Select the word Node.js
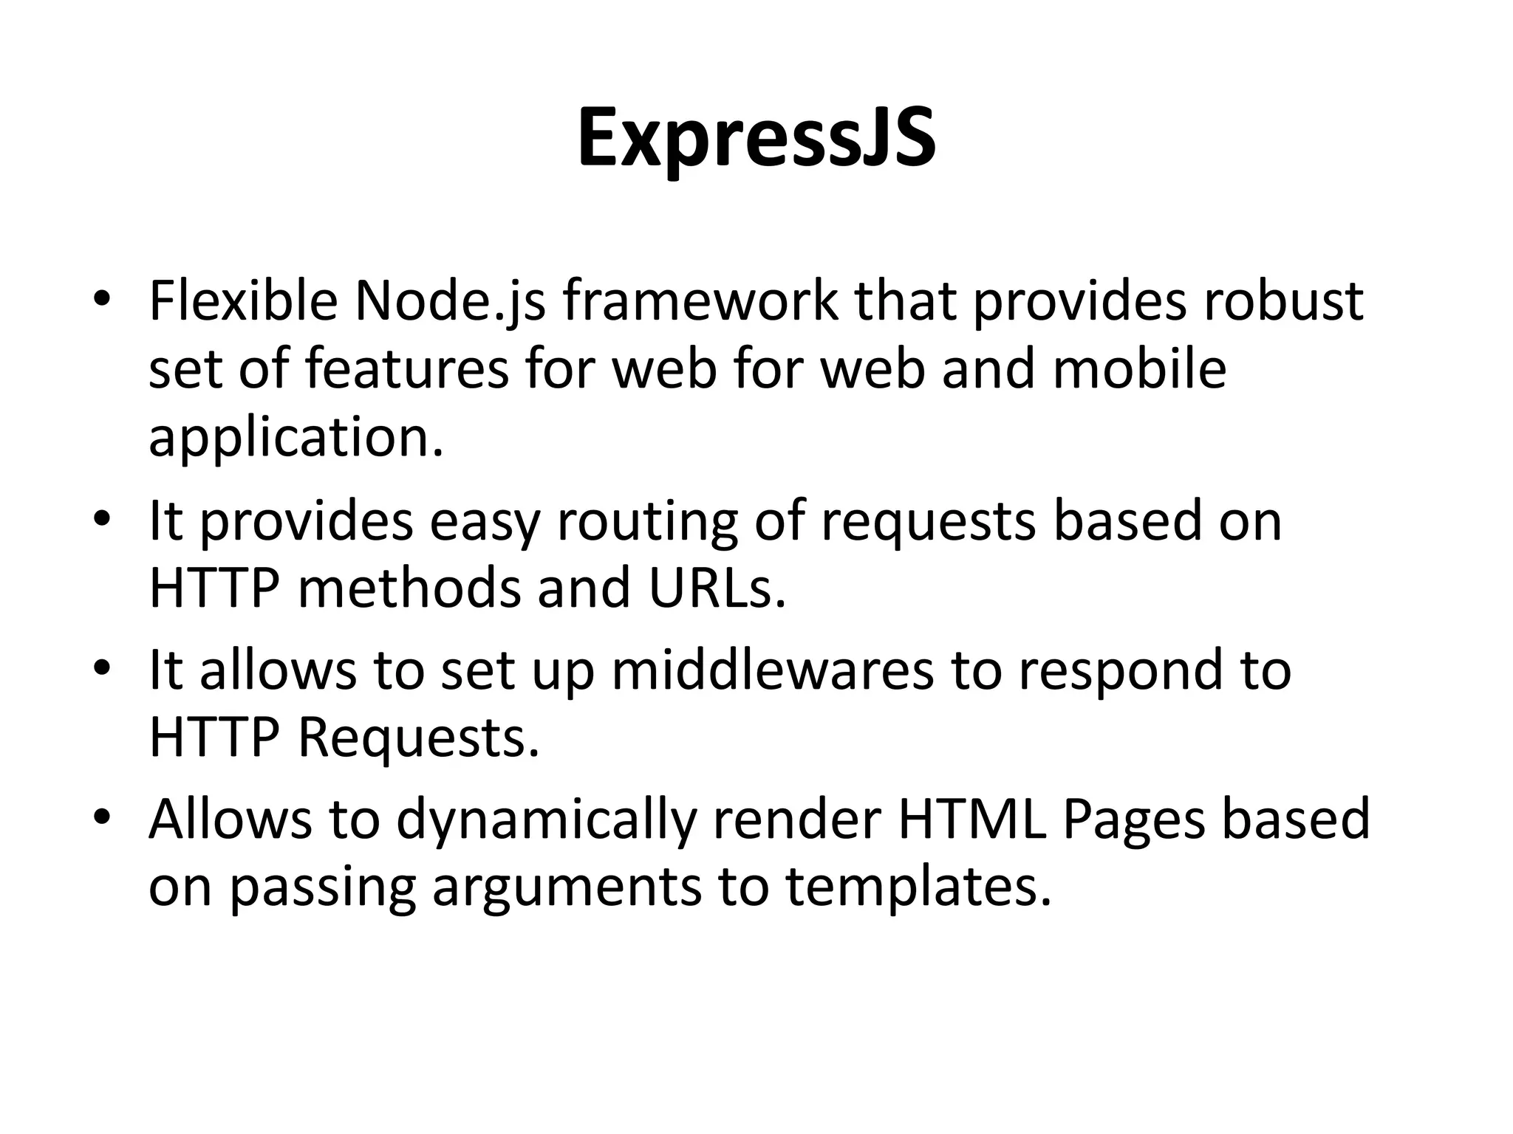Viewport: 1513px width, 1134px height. (450, 303)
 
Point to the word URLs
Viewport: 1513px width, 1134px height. (717, 588)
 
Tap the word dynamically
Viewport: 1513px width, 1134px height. (547, 821)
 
